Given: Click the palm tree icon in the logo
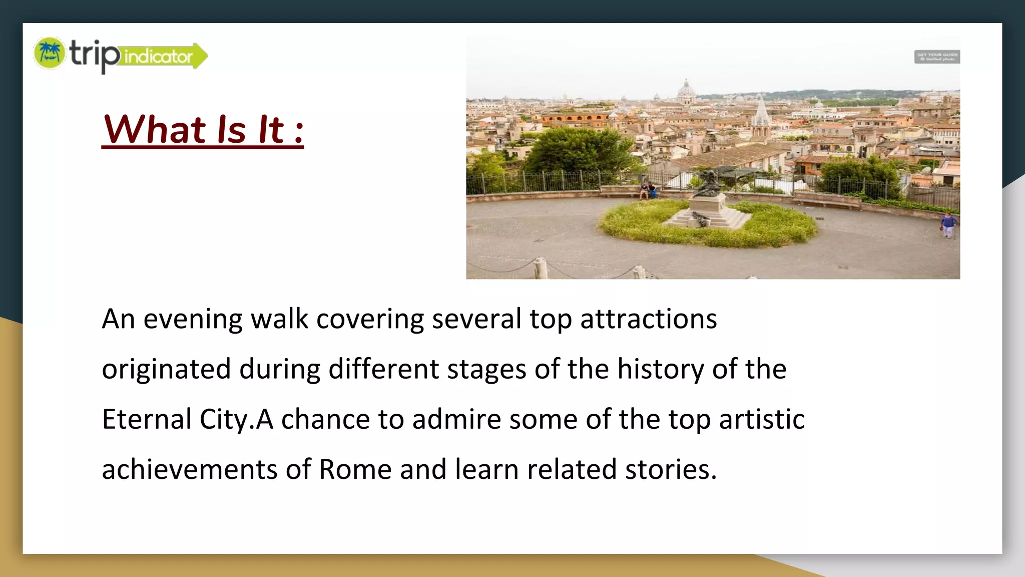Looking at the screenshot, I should pos(50,53).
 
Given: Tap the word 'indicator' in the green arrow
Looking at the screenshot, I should pos(158,56).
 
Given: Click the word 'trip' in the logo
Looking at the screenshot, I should pos(94,54).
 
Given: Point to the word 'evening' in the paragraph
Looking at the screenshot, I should pos(193,319).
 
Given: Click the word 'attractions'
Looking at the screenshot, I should pos(649,319).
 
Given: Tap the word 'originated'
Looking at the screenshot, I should pos(166,370).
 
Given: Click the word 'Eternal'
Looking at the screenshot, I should pos(147,419).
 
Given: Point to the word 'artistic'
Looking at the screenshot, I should pos(762,419).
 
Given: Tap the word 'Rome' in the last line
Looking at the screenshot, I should pos(355,470).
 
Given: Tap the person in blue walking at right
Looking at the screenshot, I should pos(947,224).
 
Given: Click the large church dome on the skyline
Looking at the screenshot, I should pos(686,90).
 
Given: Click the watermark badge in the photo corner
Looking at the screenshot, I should pos(937,57).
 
